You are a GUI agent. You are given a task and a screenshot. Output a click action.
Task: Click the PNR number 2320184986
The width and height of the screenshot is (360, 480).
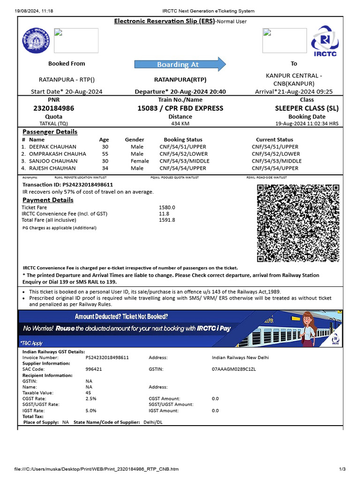54,108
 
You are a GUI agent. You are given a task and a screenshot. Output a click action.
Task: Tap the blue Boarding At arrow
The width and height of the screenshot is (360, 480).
180,64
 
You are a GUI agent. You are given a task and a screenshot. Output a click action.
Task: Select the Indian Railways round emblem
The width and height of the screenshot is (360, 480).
36,41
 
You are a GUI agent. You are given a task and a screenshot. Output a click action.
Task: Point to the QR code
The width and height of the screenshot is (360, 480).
298,223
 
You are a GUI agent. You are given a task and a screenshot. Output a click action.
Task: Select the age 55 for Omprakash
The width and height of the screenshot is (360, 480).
105,154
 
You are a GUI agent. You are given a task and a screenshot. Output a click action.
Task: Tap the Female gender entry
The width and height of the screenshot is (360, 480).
140,161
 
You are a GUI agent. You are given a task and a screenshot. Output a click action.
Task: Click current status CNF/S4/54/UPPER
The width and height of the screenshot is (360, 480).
275,168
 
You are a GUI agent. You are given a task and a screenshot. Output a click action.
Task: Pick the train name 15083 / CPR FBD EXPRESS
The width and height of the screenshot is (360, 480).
180,108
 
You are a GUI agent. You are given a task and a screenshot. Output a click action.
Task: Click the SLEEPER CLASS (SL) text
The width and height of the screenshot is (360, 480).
307,108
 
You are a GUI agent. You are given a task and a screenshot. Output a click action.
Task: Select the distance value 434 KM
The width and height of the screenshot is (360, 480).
180,124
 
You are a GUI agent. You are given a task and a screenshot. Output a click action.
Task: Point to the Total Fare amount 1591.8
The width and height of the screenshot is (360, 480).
167,220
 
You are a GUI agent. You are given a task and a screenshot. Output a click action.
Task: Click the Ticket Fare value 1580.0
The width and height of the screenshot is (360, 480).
167,207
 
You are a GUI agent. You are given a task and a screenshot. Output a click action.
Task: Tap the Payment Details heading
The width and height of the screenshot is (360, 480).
48,200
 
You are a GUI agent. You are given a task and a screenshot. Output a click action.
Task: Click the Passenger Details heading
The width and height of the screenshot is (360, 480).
50,132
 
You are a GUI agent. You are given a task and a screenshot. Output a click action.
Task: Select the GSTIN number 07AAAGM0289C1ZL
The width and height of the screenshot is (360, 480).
234,369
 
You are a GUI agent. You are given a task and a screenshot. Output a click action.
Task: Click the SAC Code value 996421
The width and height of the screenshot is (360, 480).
94,369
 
